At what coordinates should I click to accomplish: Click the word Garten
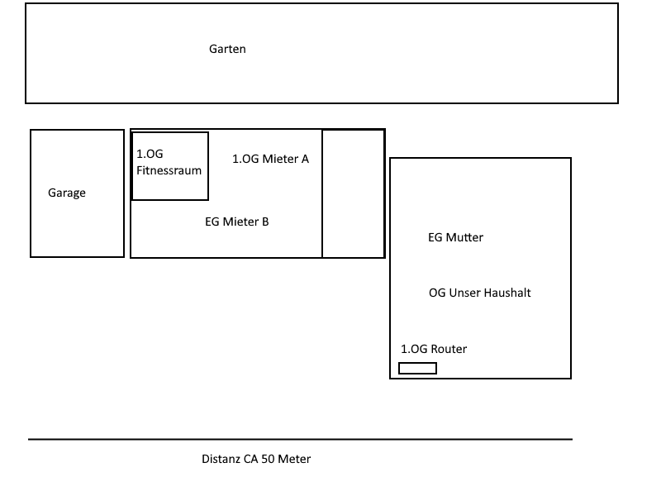(x=227, y=49)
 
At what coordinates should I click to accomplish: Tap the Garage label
(x=67, y=193)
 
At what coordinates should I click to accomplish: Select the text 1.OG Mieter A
(x=271, y=159)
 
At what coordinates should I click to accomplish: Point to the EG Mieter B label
(x=237, y=222)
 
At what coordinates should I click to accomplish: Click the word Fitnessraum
(x=169, y=170)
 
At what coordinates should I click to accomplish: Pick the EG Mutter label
(x=456, y=237)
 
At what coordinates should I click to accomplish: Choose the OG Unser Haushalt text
(x=480, y=293)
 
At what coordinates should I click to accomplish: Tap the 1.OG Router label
(x=434, y=349)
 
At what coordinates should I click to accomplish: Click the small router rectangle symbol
(x=418, y=368)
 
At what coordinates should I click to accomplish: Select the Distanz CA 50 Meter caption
(x=256, y=459)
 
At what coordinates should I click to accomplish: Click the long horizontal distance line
(x=300, y=440)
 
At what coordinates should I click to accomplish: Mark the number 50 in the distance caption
(x=268, y=459)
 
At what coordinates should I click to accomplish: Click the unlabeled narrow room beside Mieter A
(x=354, y=193)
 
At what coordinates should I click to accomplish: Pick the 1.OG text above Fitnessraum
(x=150, y=154)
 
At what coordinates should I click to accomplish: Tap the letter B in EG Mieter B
(x=265, y=222)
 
